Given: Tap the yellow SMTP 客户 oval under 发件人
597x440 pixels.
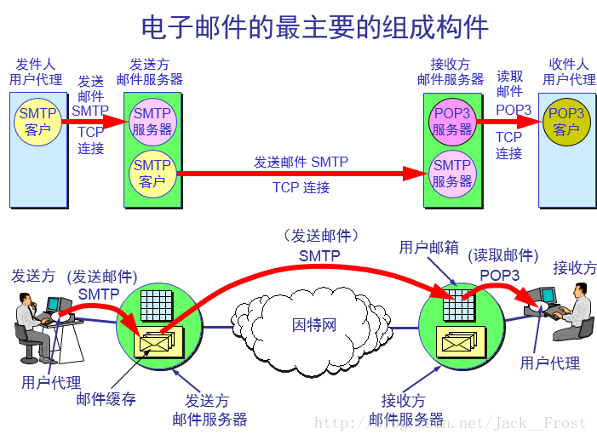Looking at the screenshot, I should coord(38,122).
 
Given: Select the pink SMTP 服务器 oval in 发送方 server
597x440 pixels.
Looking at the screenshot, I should coord(152,122).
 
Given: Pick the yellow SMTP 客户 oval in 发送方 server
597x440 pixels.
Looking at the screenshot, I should coord(152,173).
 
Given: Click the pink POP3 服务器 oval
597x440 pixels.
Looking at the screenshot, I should coord(452,122).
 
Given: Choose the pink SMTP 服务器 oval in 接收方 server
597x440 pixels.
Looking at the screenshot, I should coord(452,173).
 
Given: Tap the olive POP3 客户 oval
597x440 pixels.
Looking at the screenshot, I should coord(566,122).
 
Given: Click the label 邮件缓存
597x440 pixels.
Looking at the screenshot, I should coord(106,398).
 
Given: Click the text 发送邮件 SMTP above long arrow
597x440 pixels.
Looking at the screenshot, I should coord(301,162).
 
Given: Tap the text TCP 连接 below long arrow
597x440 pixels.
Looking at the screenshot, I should coord(301,187).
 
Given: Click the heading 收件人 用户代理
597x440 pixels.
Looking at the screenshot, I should coord(569,71).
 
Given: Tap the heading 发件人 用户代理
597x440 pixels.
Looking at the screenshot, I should coord(36,71).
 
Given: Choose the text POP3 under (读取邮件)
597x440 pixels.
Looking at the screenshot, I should coord(499,275).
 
